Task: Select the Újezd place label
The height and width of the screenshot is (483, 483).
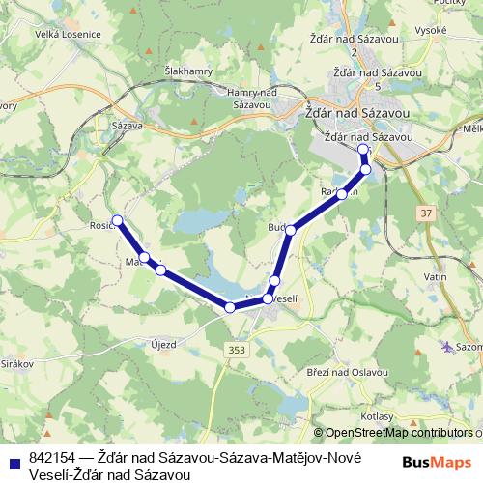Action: click(162, 345)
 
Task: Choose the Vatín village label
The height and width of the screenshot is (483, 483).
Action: click(435, 277)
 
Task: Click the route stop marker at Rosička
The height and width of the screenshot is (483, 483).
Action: click(118, 220)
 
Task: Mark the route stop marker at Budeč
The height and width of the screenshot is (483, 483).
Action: click(290, 229)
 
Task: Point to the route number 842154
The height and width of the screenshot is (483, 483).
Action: click(53, 458)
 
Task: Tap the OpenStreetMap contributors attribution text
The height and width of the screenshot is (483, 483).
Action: click(397, 433)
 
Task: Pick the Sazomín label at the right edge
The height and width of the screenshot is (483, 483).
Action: click(469, 346)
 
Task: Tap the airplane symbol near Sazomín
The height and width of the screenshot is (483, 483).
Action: click(446, 346)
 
